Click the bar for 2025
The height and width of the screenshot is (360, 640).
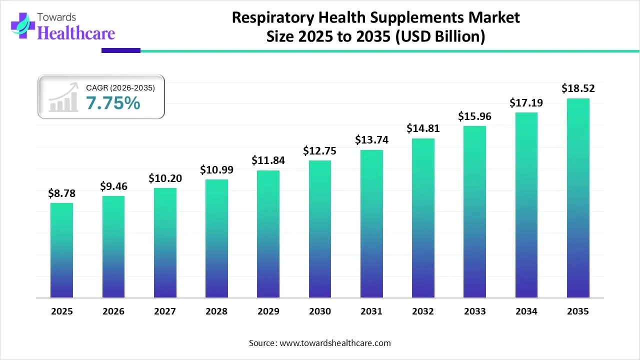pyautogui.click(x=61, y=250)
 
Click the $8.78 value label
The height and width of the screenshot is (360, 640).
pyautogui.click(x=61, y=193)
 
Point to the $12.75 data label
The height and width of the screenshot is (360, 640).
pyautogui.click(x=319, y=150)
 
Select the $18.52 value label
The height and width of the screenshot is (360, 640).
pyautogui.click(x=578, y=88)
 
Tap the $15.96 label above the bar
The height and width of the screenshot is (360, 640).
pyautogui.click(x=474, y=116)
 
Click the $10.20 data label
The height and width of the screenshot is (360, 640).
pyautogui.click(x=164, y=178)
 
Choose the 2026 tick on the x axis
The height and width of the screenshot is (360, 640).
pyautogui.click(x=113, y=311)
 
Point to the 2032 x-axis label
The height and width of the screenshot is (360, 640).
pyautogui.click(x=423, y=311)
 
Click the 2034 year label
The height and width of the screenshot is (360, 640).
pyautogui.click(x=526, y=311)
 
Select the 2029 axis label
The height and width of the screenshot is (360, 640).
pyautogui.click(x=268, y=311)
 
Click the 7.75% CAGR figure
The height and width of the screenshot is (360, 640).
pyautogui.click(x=113, y=103)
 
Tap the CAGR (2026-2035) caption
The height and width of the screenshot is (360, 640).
pyautogui.click(x=120, y=88)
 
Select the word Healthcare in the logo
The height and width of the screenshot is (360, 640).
pyautogui.click(x=76, y=33)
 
